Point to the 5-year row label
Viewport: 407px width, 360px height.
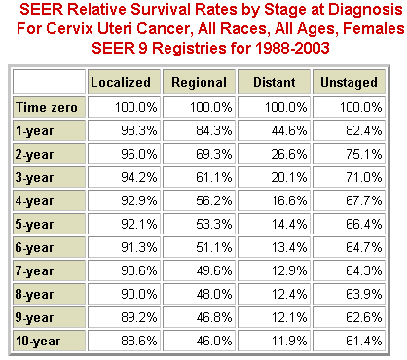point(35,225)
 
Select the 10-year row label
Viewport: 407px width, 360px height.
point(39,342)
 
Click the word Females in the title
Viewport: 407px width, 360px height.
point(354,29)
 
